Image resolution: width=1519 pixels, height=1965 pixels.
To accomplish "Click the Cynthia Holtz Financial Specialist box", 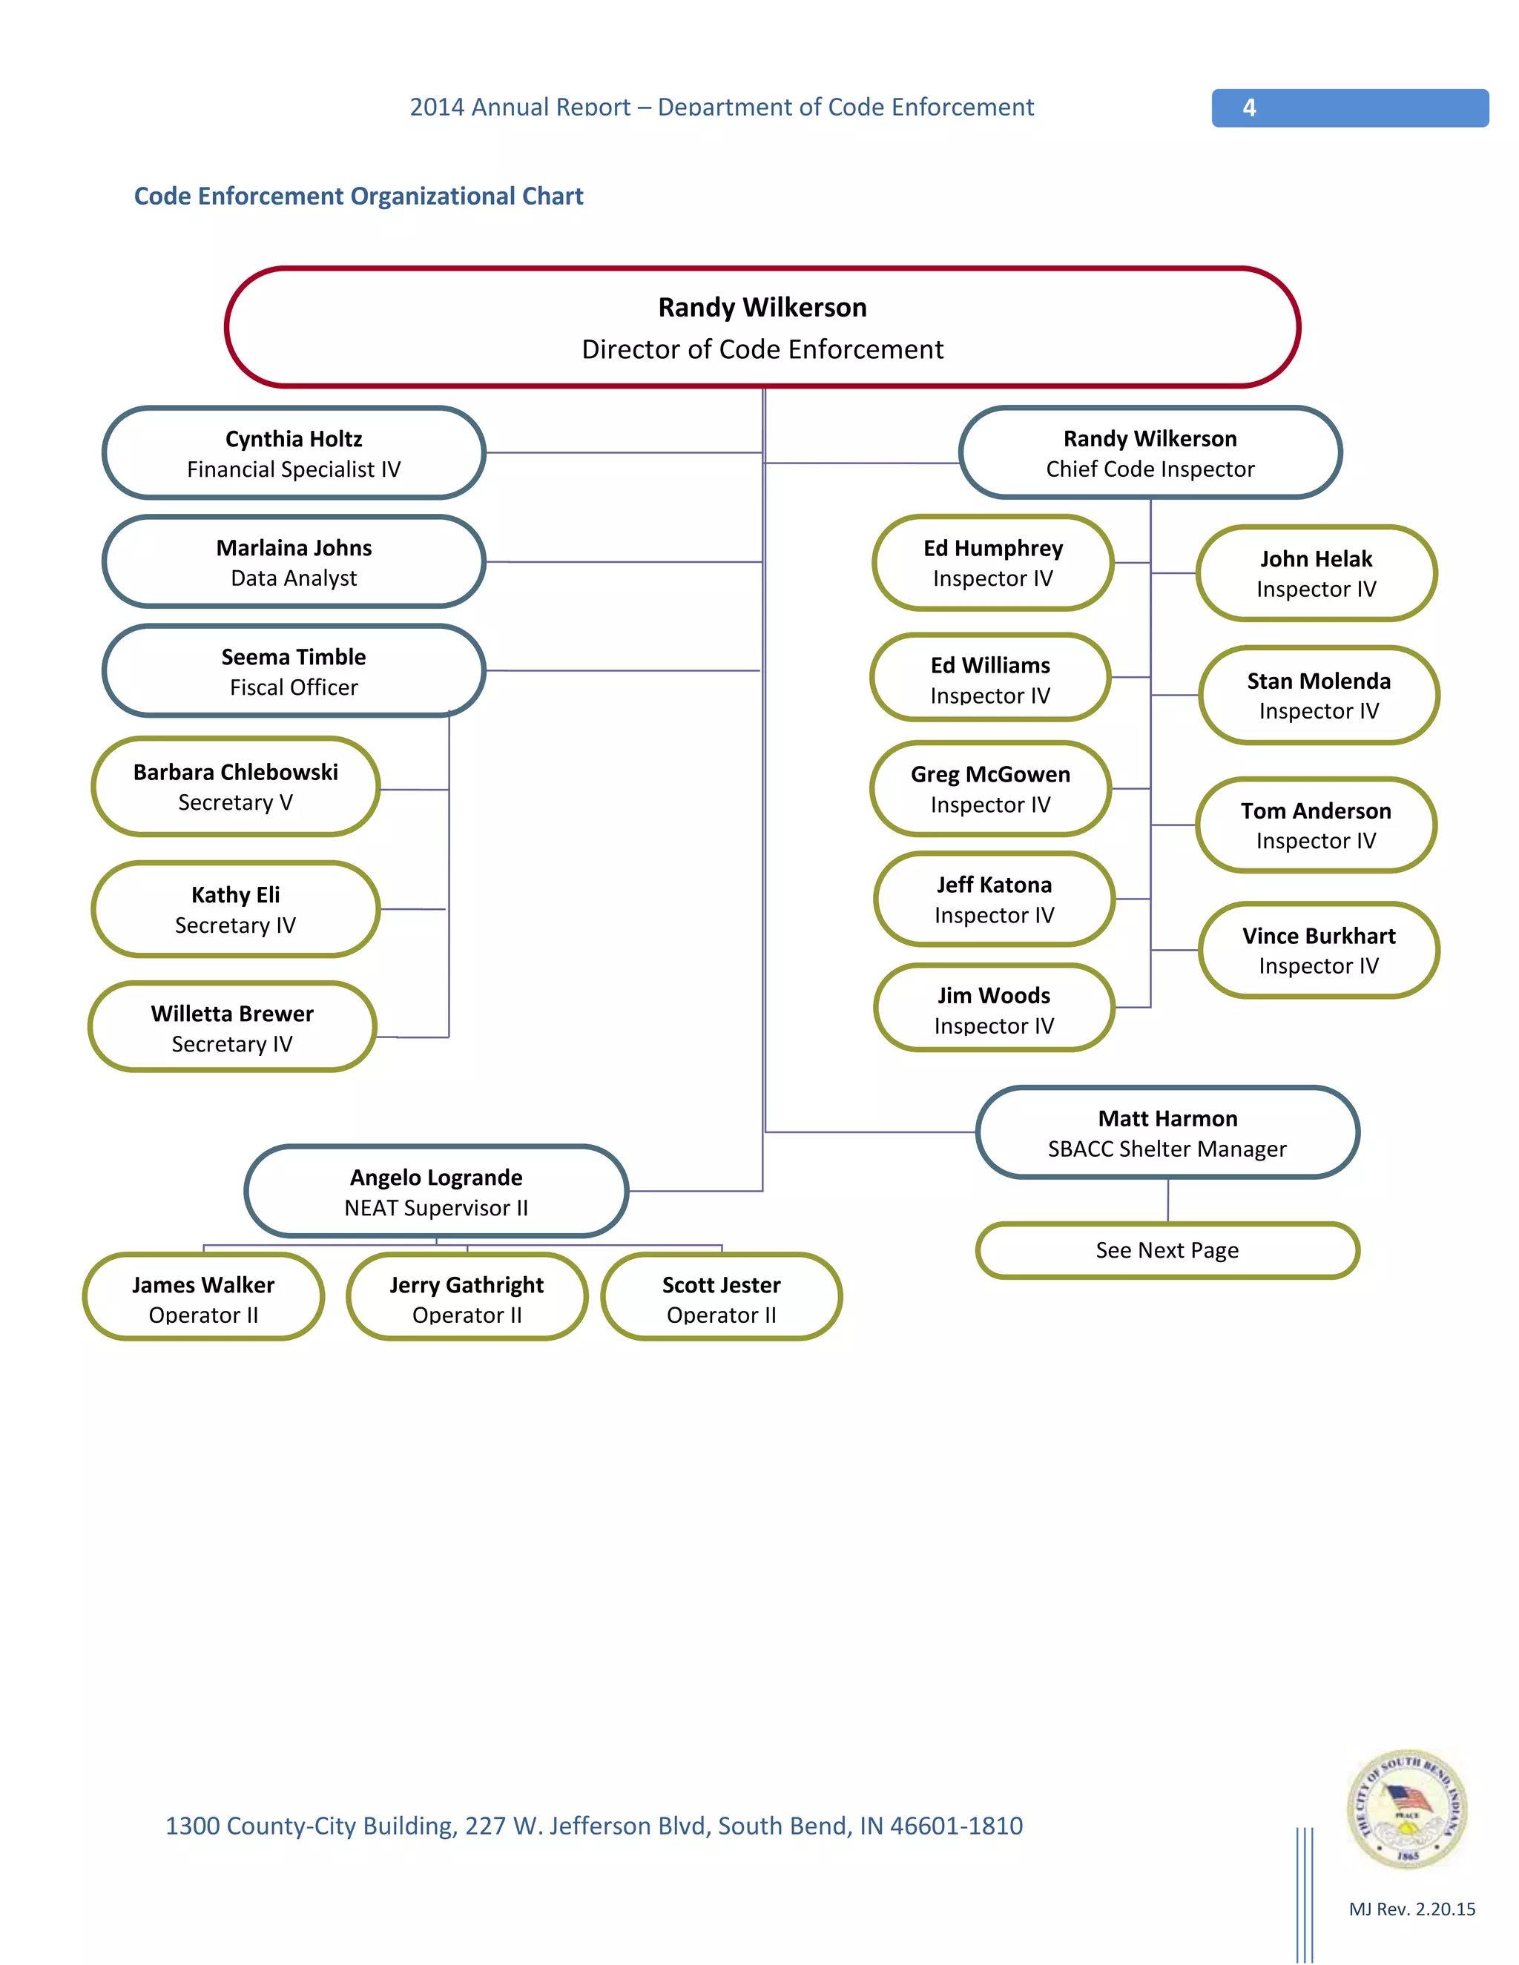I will [294, 454].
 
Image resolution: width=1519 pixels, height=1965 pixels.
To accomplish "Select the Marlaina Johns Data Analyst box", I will [294, 562].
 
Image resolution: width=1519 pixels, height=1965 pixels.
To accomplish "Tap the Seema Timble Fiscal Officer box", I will [294, 671].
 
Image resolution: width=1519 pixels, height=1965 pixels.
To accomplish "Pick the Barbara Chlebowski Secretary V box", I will [235, 787].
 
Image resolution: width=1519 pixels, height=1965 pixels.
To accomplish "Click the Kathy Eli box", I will [235, 910].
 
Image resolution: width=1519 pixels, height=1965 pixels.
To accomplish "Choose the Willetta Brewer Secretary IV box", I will [232, 1028].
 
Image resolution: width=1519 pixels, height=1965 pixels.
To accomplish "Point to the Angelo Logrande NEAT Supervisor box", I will [436, 1192].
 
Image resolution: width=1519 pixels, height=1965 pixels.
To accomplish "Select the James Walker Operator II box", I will [203, 1298].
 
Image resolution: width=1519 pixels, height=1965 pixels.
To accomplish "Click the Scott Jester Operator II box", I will [721, 1298].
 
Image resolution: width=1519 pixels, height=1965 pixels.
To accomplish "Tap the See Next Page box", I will [1167, 1251].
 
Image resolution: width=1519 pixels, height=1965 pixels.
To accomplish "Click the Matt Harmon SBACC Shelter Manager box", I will [1167, 1133].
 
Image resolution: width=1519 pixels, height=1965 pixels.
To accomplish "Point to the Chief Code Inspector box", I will [1150, 454].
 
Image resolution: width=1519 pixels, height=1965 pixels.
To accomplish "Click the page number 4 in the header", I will [1249, 108].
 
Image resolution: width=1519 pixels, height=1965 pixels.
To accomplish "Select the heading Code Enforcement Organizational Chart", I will [358, 196].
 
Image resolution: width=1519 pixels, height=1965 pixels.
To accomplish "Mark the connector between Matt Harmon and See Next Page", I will [1168, 1201].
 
